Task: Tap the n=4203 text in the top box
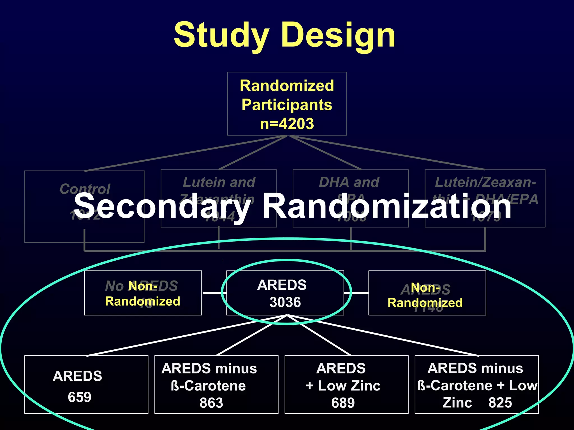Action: [287, 124]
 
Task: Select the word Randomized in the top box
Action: [287, 86]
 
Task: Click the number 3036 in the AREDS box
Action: [285, 302]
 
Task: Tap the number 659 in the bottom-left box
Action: [80, 397]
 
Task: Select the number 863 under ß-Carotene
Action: [211, 403]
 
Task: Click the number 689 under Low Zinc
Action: [343, 403]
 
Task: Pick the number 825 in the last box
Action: [500, 403]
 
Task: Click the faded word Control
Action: [85, 189]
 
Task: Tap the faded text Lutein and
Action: [219, 182]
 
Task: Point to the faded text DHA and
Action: [349, 182]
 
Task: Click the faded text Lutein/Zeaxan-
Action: [485, 182]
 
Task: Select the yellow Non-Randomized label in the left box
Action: [142, 294]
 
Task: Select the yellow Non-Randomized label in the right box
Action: [425, 295]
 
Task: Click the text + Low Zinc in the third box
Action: [343, 386]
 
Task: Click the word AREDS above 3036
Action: [282, 285]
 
